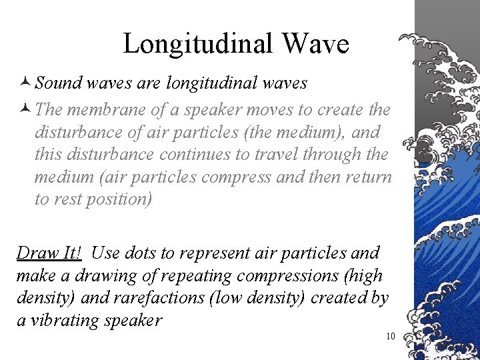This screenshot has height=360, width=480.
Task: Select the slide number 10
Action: point(391,335)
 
